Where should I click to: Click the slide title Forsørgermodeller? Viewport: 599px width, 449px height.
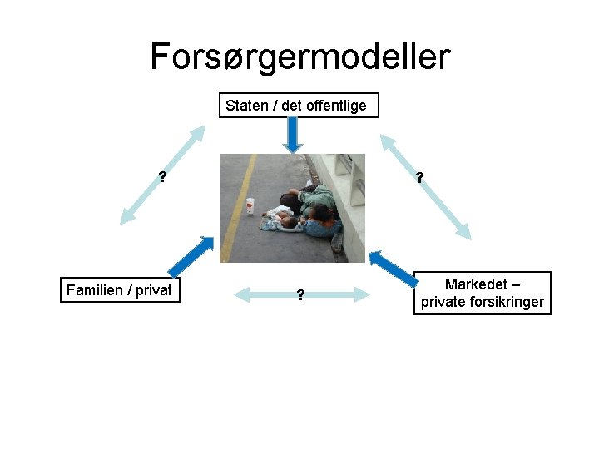(x=299, y=57)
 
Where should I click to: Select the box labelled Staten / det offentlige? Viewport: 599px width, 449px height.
(x=299, y=106)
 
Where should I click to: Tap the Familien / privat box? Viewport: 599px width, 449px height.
(x=120, y=289)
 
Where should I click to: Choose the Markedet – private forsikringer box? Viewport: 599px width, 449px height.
(x=483, y=293)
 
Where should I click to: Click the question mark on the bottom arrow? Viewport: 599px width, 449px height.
(x=300, y=294)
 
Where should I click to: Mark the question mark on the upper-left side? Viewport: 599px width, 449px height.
(x=163, y=176)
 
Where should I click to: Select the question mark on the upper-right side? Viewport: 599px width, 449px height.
(x=419, y=176)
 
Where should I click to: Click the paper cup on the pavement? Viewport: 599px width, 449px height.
(x=250, y=205)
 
